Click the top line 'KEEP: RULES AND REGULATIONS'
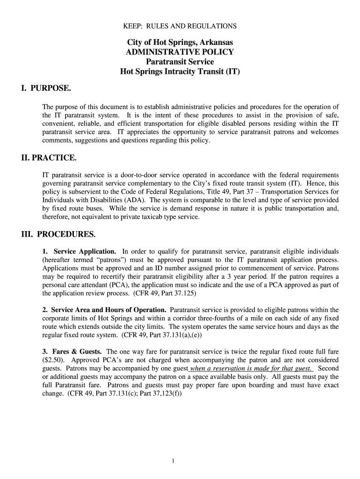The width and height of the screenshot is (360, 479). point(180,26)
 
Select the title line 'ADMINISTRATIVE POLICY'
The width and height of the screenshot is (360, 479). point(180,52)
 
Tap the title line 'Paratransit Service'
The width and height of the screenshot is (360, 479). point(180,62)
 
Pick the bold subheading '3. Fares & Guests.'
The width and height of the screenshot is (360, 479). point(73,351)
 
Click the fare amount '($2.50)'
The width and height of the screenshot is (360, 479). point(55,360)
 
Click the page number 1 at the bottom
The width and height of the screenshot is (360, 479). point(173,461)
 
